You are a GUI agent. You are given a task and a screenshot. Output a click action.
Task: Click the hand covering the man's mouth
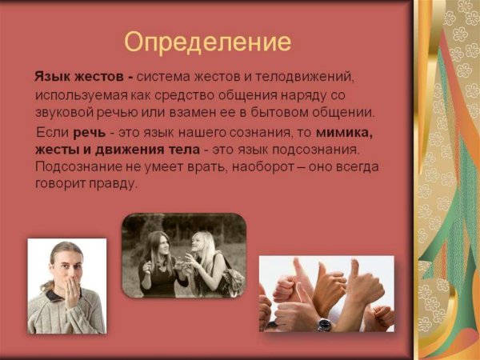[x=70, y=286]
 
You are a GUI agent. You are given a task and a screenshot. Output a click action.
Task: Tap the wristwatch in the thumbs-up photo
[x=324, y=324]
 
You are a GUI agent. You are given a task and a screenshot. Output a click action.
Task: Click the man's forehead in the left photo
[x=64, y=255]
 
